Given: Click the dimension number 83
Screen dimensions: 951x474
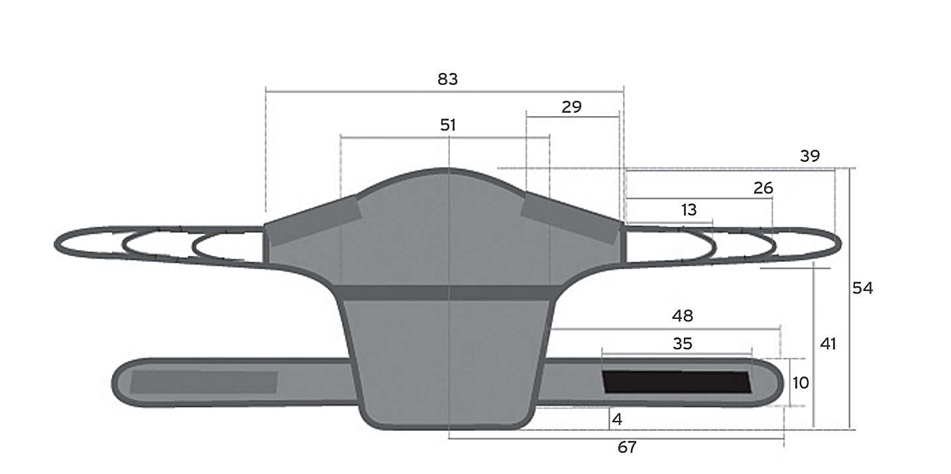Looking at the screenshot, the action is click(x=447, y=79).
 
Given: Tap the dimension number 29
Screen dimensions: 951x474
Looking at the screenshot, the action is click(x=571, y=107).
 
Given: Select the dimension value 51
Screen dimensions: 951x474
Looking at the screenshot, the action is click(x=448, y=125).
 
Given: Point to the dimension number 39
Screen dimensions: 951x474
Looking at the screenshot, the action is click(x=810, y=156).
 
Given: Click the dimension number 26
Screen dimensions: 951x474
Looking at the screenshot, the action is click(x=763, y=188).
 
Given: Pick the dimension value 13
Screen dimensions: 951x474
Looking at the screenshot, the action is click(x=689, y=209).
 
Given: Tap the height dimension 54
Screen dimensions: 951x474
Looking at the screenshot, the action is click(x=862, y=288).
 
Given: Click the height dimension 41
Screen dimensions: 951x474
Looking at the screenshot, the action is click(x=828, y=343).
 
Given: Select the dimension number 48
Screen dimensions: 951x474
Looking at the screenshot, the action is click(x=682, y=316).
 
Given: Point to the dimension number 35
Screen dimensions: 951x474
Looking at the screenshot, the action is click(x=682, y=343).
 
